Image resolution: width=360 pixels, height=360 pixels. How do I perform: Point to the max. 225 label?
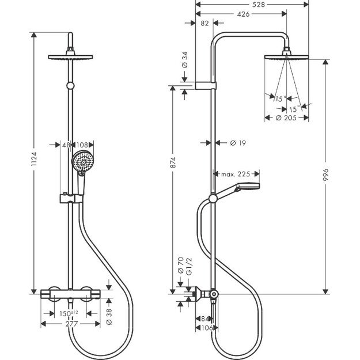click(236, 173)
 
